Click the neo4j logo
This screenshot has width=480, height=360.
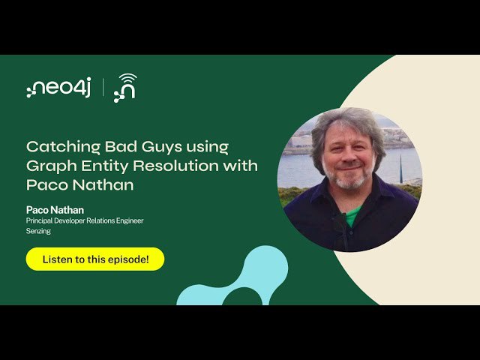tap(58, 88)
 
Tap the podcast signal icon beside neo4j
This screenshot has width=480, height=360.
tap(125, 88)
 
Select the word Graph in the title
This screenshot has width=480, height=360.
tap(52, 166)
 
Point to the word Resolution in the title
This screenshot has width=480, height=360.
tap(175, 166)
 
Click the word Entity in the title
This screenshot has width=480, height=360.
tap(105, 166)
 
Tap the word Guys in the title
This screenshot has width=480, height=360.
tap(162, 147)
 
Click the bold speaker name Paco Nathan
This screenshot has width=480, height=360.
tap(55, 210)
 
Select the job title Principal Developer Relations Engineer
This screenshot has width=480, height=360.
tap(85, 220)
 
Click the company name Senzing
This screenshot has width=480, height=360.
tap(38, 231)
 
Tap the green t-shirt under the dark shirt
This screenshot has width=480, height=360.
tap(352, 215)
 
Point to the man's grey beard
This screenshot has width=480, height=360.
tap(348, 177)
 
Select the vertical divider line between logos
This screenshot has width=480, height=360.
tap(103, 88)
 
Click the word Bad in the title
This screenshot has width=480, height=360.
tap(121, 147)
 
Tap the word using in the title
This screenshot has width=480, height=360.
tap(207, 148)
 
